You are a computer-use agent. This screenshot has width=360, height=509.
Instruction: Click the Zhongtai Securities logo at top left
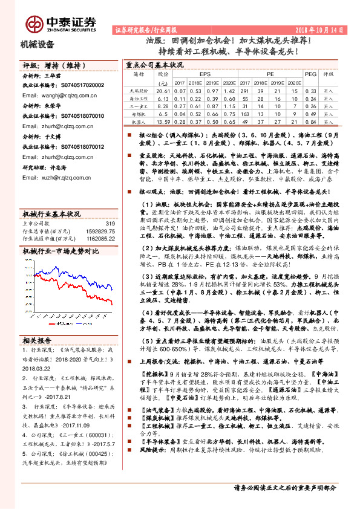click(x=61, y=24)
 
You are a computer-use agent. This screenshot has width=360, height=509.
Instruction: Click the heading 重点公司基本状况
click(x=154, y=63)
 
